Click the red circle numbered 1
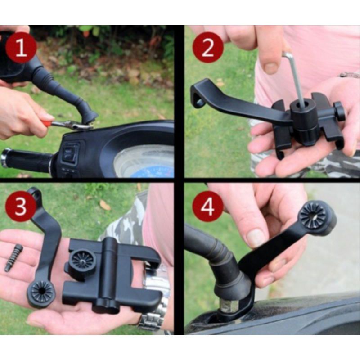click(21, 48)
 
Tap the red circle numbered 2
click(208, 48)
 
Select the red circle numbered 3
click(21, 206)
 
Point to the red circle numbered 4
click(208, 206)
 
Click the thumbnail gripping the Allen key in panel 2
click(271, 67)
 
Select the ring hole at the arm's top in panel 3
click(35, 193)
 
